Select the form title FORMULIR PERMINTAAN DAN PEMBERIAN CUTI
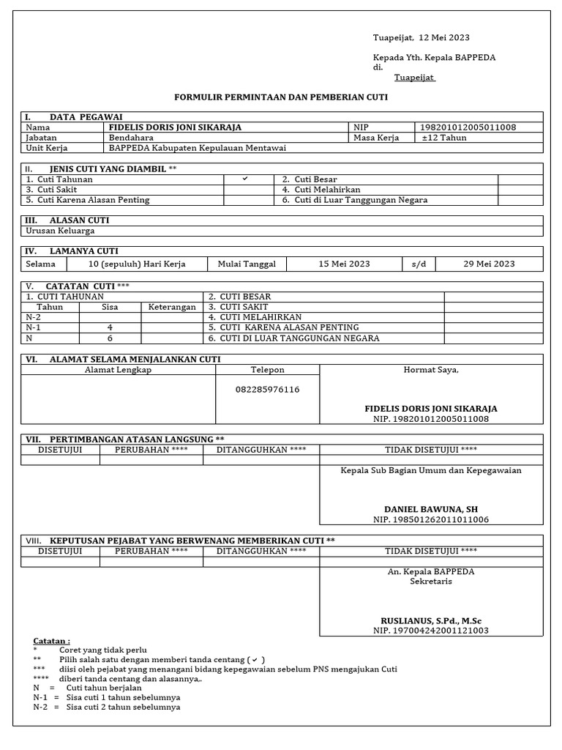point(280,97)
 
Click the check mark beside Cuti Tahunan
point(245,179)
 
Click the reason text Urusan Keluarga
point(60,231)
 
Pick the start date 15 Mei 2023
point(344,264)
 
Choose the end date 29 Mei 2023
point(490,264)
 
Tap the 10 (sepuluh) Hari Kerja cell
point(137,264)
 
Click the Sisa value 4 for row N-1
point(110,328)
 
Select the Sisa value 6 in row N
point(110,338)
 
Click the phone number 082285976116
point(267,390)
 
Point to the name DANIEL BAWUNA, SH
point(431,509)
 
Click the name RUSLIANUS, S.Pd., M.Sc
point(431,620)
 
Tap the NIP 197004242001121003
point(431,631)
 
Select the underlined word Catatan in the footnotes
point(51,641)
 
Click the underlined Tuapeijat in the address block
point(415,78)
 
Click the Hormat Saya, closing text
point(431,370)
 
